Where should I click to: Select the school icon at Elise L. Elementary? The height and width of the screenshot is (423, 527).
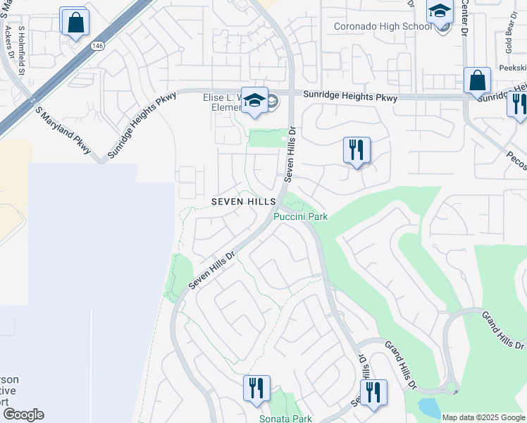[x=254, y=101]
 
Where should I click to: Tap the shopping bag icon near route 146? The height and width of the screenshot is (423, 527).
[x=74, y=22]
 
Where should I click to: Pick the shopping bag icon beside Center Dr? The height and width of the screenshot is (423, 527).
[x=478, y=81]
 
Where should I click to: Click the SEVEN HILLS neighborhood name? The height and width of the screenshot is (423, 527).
[x=244, y=202]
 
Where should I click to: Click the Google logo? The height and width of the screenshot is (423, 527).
[x=23, y=415]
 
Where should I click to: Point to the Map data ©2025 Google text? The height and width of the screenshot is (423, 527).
[x=483, y=417]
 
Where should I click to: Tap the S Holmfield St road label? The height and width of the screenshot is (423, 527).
[x=22, y=51]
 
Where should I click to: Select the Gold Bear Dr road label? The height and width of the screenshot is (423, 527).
[x=508, y=46]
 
